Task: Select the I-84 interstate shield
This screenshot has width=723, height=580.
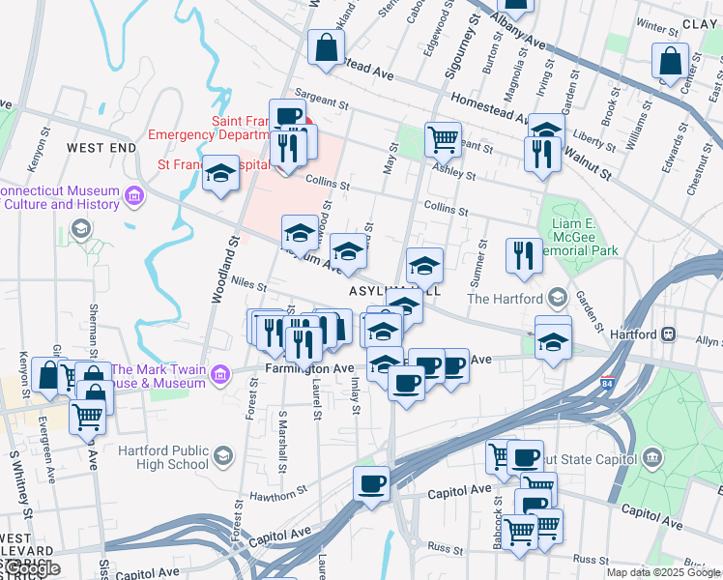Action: (607, 384)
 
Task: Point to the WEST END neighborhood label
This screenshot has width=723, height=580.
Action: (101, 147)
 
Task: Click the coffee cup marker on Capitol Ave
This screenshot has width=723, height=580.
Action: (370, 483)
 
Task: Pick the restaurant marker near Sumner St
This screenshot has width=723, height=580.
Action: (524, 255)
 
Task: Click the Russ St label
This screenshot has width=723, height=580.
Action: (447, 548)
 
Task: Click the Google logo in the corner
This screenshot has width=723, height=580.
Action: (31, 568)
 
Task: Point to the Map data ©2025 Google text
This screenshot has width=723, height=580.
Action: (663, 572)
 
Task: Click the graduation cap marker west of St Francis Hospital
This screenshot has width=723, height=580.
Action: (221, 175)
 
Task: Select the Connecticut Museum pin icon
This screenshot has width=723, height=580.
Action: (134, 198)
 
